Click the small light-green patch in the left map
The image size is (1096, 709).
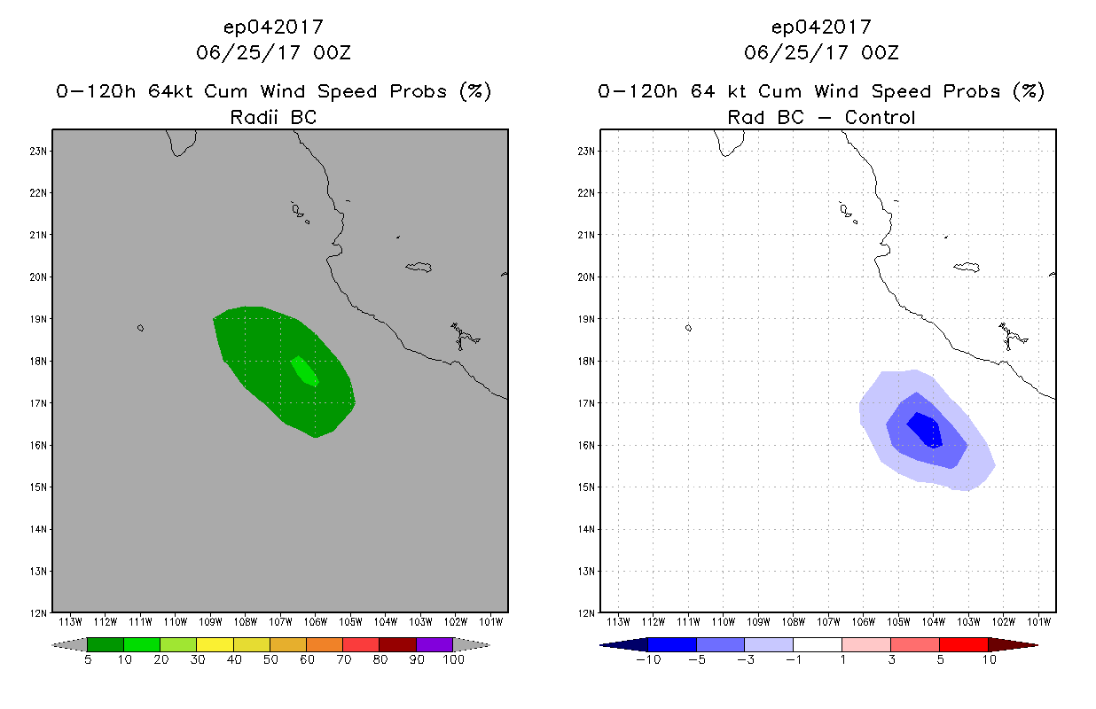(x=305, y=370)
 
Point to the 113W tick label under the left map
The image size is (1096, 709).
(x=71, y=620)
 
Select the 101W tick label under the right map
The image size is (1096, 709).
(x=1038, y=620)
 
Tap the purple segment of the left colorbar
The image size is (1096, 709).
(x=434, y=644)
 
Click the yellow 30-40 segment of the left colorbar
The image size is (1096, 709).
(x=215, y=644)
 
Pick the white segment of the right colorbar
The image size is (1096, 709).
(x=817, y=644)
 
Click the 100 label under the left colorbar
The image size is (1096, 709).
(x=453, y=659)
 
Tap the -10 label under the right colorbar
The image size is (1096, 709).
(x=648, y=659)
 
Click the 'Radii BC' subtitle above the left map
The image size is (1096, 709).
(x=273, y=117)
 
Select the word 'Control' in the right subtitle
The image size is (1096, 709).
(x=880, y=117)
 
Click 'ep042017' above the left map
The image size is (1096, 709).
(x=273, y=27)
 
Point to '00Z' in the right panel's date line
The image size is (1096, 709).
(x=880, y=52)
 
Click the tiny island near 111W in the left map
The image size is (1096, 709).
(x=140, y=328)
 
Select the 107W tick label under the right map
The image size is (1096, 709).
(x=828, y=620)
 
